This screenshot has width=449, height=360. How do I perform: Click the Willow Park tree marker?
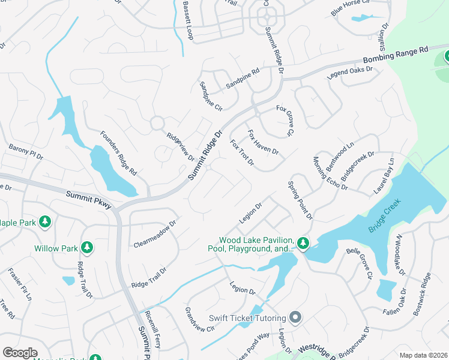(87, 247)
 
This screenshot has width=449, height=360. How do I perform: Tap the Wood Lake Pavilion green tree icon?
(303, 244)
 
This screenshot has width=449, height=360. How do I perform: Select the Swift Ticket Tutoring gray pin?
(295, 317)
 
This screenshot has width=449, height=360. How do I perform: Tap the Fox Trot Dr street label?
(243, 153)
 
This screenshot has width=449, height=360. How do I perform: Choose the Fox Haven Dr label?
(263, 143)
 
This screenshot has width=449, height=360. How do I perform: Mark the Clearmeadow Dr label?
(155, 233)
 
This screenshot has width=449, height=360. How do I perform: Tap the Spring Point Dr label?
(300, 200)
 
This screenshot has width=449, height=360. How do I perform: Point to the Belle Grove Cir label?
(358, 266)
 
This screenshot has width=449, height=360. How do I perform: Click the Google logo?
(20, 353)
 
